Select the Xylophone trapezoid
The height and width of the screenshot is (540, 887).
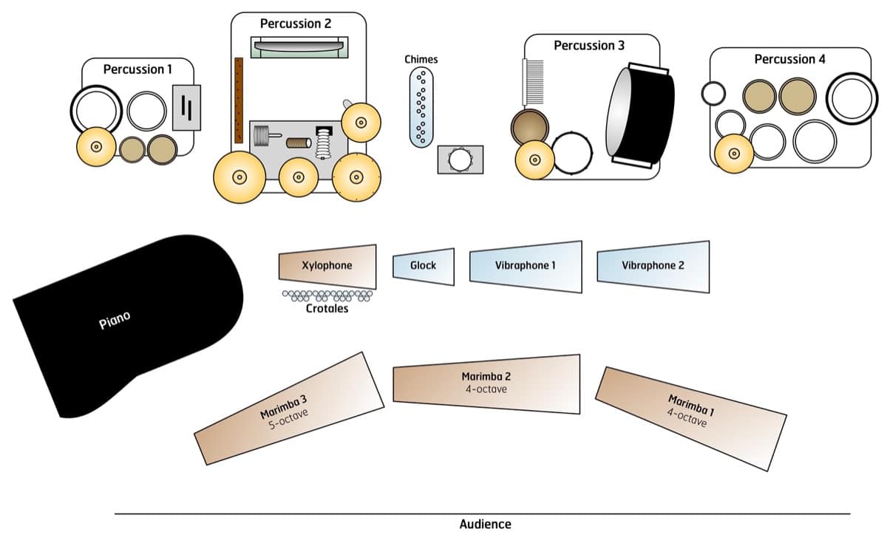pyautogui.click(x=327, y=266)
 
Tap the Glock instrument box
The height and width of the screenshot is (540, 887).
pyautogui.click(x=423, y=266)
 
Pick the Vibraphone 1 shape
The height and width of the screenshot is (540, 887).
pyautogui.click(x=525, y=266)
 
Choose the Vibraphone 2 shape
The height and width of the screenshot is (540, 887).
pyautogui.click(x=653, y=266)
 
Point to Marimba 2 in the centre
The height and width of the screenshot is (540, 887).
pyautogui.click(x=486, y=383)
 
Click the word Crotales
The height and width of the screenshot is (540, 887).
pyautogui.click(x=327, y=309)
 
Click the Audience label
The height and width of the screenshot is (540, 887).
pyautogui.click(x=485, y=524)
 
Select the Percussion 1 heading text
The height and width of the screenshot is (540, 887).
pyautogui.click(x=137, y=69)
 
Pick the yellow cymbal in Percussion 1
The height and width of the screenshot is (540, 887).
pyautogui.click(x=96, y=147)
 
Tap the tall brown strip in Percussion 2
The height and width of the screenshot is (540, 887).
pyautogui.click(x=239, y=100)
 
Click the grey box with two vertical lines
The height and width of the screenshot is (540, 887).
pyautogui.click(x=186, y=108)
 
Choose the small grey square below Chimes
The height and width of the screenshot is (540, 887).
pyautogui.click(x=460, y=160)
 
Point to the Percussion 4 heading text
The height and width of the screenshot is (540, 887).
pyautogui.click(x=789, y=59)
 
